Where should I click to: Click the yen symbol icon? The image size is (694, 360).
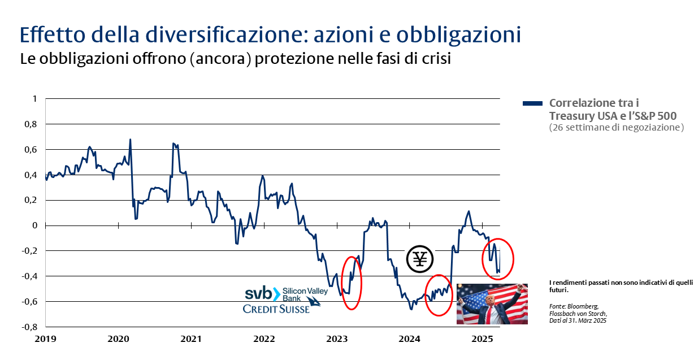click(x=420, y=259)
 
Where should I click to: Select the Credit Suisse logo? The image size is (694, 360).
click(x=276, y=309)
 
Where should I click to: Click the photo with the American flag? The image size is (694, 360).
click(x=492, y=304)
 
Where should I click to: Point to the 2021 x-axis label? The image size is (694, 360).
click(x=191, y=339)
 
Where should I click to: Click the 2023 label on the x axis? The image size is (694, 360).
click(x=337, y=339)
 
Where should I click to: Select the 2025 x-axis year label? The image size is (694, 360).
click(x=483, y=339)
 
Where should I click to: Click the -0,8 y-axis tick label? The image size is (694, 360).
click(x=29, y=327)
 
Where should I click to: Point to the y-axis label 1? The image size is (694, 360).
click(x=34, y=98)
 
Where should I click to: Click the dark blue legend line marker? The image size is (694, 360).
click(x=532, y=103)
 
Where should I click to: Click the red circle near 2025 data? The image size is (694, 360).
click(x=498, y=258)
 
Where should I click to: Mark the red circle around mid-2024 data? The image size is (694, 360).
click(x=439, y=295)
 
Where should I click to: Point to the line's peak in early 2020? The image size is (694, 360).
click(x=131, y=139)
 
